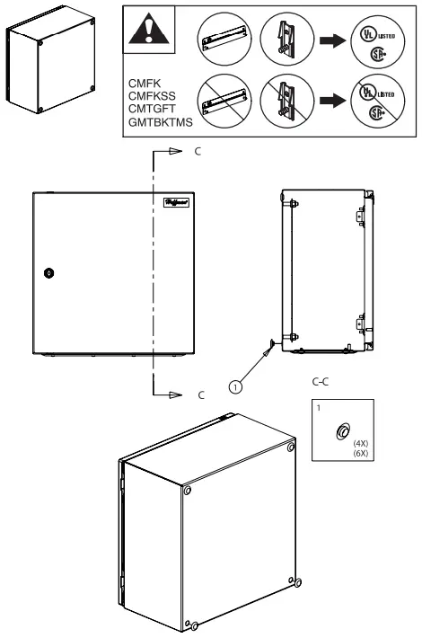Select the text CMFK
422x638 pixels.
click(x=145, y=82)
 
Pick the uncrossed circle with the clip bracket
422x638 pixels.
click(x=287, y=38)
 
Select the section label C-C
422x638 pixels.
click(x=319, y=382)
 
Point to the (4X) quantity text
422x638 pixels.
click(x=362, y=444)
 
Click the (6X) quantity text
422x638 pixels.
click(x=362, y=454)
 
